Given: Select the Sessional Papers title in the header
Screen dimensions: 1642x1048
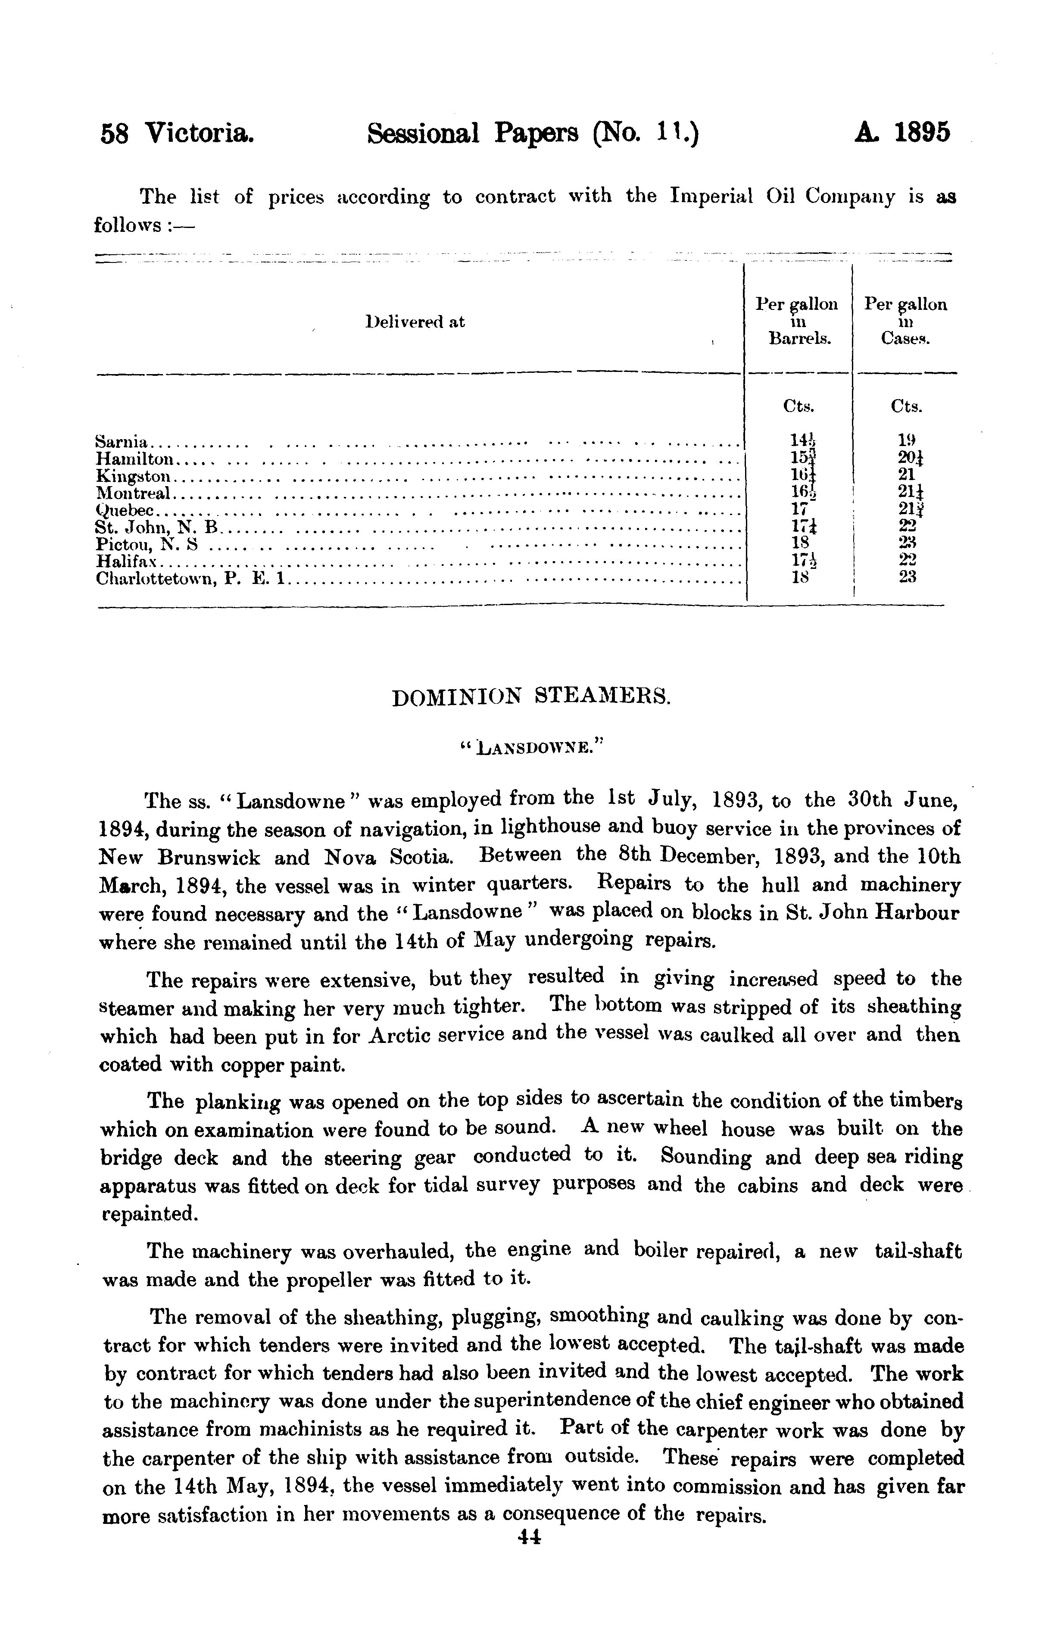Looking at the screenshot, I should point(533,134).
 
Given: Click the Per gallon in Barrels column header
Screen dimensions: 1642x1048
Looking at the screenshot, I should point(796,321).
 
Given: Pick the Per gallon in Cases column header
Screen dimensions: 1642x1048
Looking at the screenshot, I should point(905,321).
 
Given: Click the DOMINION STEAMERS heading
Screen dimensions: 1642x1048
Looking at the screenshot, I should point(531,698).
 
